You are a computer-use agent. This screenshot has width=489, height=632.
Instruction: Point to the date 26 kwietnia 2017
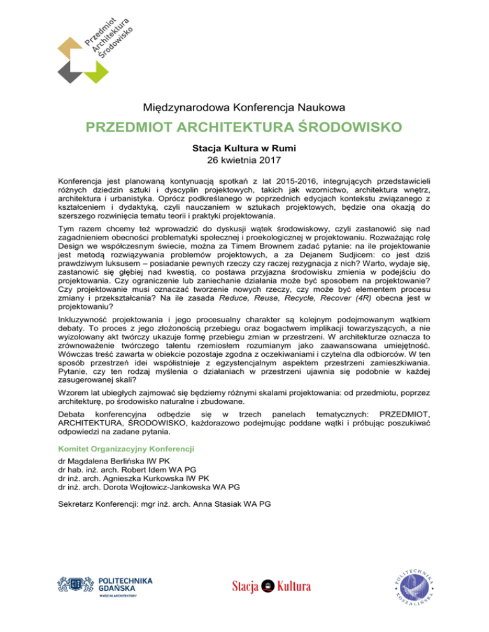pyautogui.click(x=244, y=160)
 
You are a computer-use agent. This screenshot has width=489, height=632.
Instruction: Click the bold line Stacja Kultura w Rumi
pyautogui.click(x=244, y=148)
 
